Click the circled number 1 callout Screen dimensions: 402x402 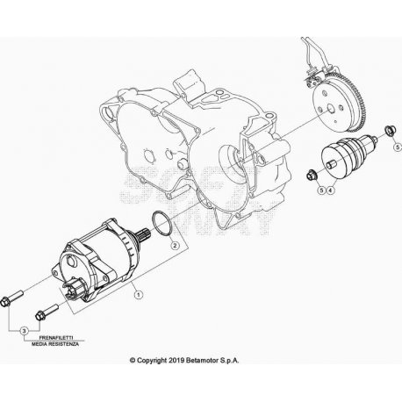[x=139, y=294]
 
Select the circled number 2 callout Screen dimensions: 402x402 [x=175, y=245]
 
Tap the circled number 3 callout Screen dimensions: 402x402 [x=25, y=331]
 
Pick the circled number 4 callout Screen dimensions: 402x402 [x=330, y=190]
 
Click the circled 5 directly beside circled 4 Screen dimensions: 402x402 [x=322, y=190]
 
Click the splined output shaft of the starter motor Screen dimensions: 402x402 [x=145, y=233]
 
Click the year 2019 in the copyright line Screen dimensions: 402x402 [x=176, y=361]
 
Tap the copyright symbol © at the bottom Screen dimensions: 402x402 [x=133, y=361]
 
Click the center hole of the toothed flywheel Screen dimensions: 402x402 [x=331, y=109]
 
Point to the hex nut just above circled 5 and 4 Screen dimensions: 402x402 [x=311, y=175]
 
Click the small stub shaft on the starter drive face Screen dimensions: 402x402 [x=332, y=164]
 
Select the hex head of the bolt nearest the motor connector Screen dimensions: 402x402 [x=39, y=316]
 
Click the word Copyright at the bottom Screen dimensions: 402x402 [x=152, y=361]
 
